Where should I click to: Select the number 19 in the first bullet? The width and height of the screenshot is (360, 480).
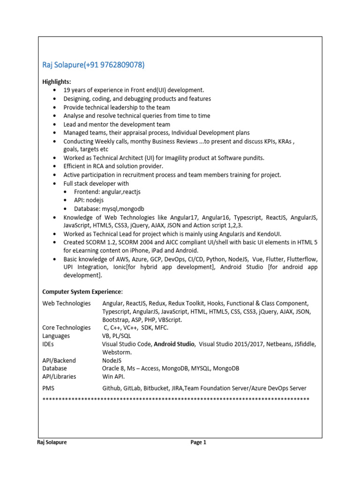point(67,90)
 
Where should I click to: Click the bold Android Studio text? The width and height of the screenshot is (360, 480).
point(174,344)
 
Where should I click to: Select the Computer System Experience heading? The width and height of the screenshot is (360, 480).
point(82,292)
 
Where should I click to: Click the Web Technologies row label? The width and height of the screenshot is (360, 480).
point(66,303)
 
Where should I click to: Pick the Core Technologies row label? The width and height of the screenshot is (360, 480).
point(66,328)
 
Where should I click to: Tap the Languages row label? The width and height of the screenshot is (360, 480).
point(56,336)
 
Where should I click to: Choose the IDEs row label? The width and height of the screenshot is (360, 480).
point(48,344)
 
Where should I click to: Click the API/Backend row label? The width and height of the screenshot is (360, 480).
point(59,360)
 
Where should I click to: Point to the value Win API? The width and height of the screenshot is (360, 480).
point(113,376)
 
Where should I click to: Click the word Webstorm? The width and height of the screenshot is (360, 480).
point(117,352)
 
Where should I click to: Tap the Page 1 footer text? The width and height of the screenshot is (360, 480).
point(198,442)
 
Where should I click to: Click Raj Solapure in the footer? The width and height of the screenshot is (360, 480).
point(52,442)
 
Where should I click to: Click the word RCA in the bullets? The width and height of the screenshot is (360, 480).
point(98,166)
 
